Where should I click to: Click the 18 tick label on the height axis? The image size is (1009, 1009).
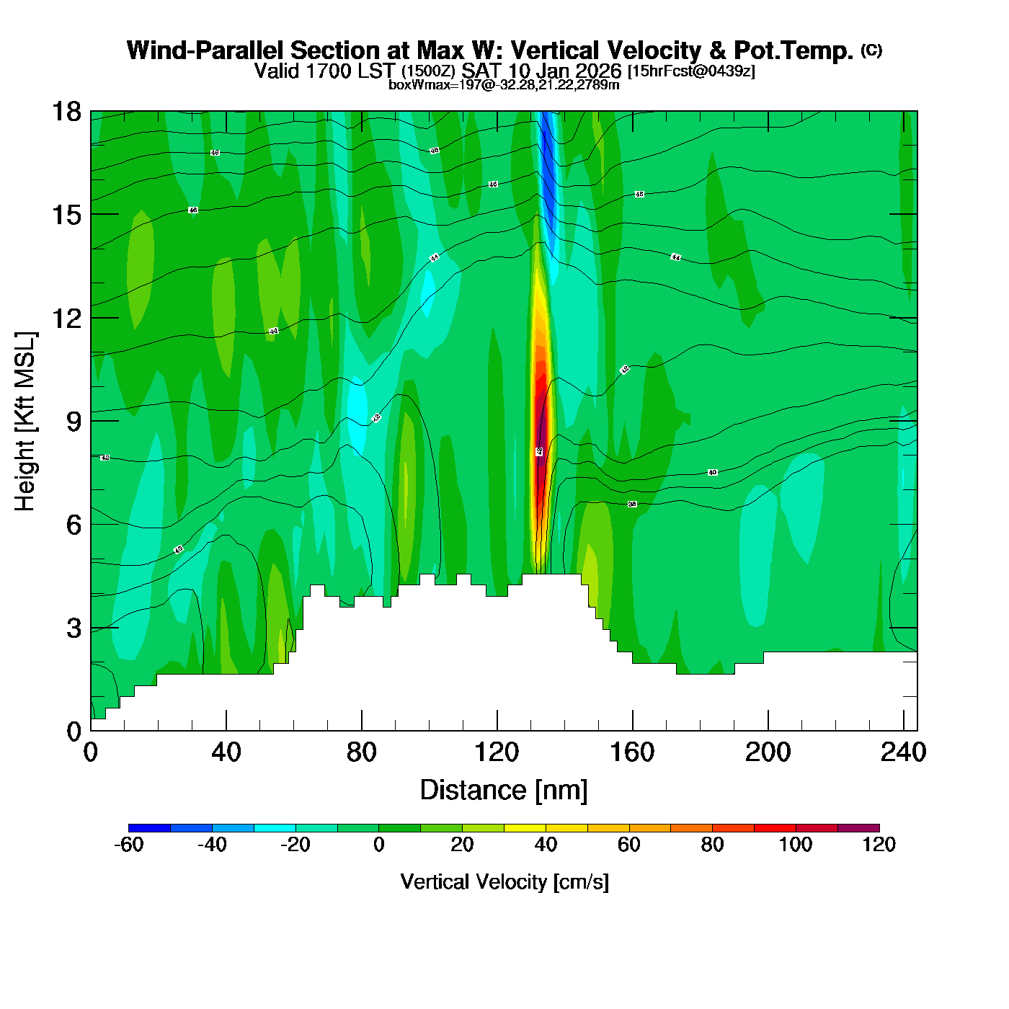(x=66, y=112)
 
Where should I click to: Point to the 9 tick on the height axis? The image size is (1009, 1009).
(x=74, y=422)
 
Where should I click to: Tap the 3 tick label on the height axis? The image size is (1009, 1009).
(x=74, y=628)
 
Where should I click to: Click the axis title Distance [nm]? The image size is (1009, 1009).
(x=504, y=791)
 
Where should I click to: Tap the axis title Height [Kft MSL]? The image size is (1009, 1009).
(x=25, y=422)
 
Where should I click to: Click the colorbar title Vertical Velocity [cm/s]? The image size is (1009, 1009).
(x=504, y=881)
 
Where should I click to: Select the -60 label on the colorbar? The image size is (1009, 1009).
(x=129, y=845)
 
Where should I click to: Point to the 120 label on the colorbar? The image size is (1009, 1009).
(x=879, y=845)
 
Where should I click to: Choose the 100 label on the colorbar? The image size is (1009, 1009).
(x=796, y=845)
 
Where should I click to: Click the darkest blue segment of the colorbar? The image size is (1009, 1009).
(x=149, y=828)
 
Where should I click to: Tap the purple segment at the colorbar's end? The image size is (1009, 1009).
(x=858, y=828)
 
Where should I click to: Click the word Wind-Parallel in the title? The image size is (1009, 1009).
(x=205, y=50)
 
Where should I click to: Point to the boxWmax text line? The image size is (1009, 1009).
(x=504, y=85)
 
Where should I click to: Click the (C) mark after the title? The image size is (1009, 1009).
(x=871, y=50)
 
